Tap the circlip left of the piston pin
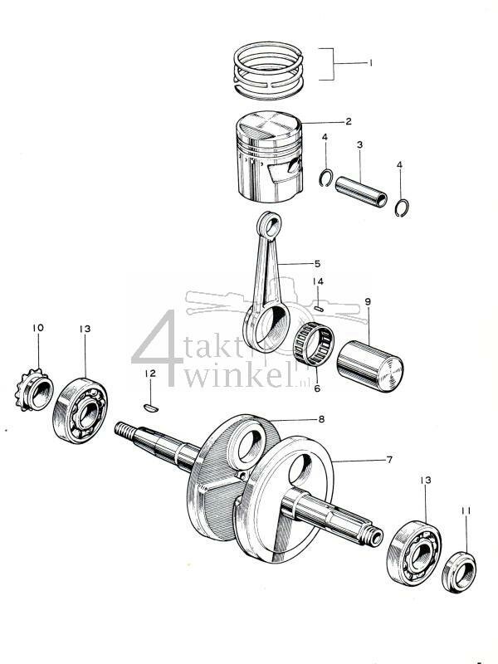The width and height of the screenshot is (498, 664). pos(328,178)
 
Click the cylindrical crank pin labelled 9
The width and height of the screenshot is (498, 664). pos(369,366)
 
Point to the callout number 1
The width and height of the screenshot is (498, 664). pos(371,62)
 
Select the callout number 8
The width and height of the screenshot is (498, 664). pos(321,420)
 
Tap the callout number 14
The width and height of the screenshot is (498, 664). pos(317,282)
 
